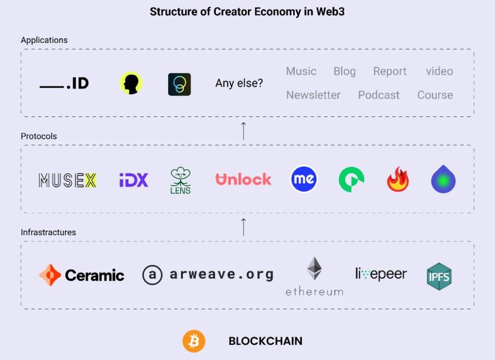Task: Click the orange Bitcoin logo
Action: [194, 341]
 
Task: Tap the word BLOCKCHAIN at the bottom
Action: [265, 341]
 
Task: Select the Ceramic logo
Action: [82, 275]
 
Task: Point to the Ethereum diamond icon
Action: [314, 269]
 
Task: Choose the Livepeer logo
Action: [381, 274]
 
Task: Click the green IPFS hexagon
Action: [439, 277]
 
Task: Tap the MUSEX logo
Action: [67, 180]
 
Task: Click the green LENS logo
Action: [180, 180]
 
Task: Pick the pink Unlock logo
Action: [243, 179]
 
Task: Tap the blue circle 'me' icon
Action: [304, 179]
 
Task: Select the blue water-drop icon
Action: [443, 179]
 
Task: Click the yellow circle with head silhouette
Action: [131, 83]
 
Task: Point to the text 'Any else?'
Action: [239, 83]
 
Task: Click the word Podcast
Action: [379, 95]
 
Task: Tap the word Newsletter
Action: [313, 95]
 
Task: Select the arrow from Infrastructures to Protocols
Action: [243, 227]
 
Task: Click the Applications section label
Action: [44, 40]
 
